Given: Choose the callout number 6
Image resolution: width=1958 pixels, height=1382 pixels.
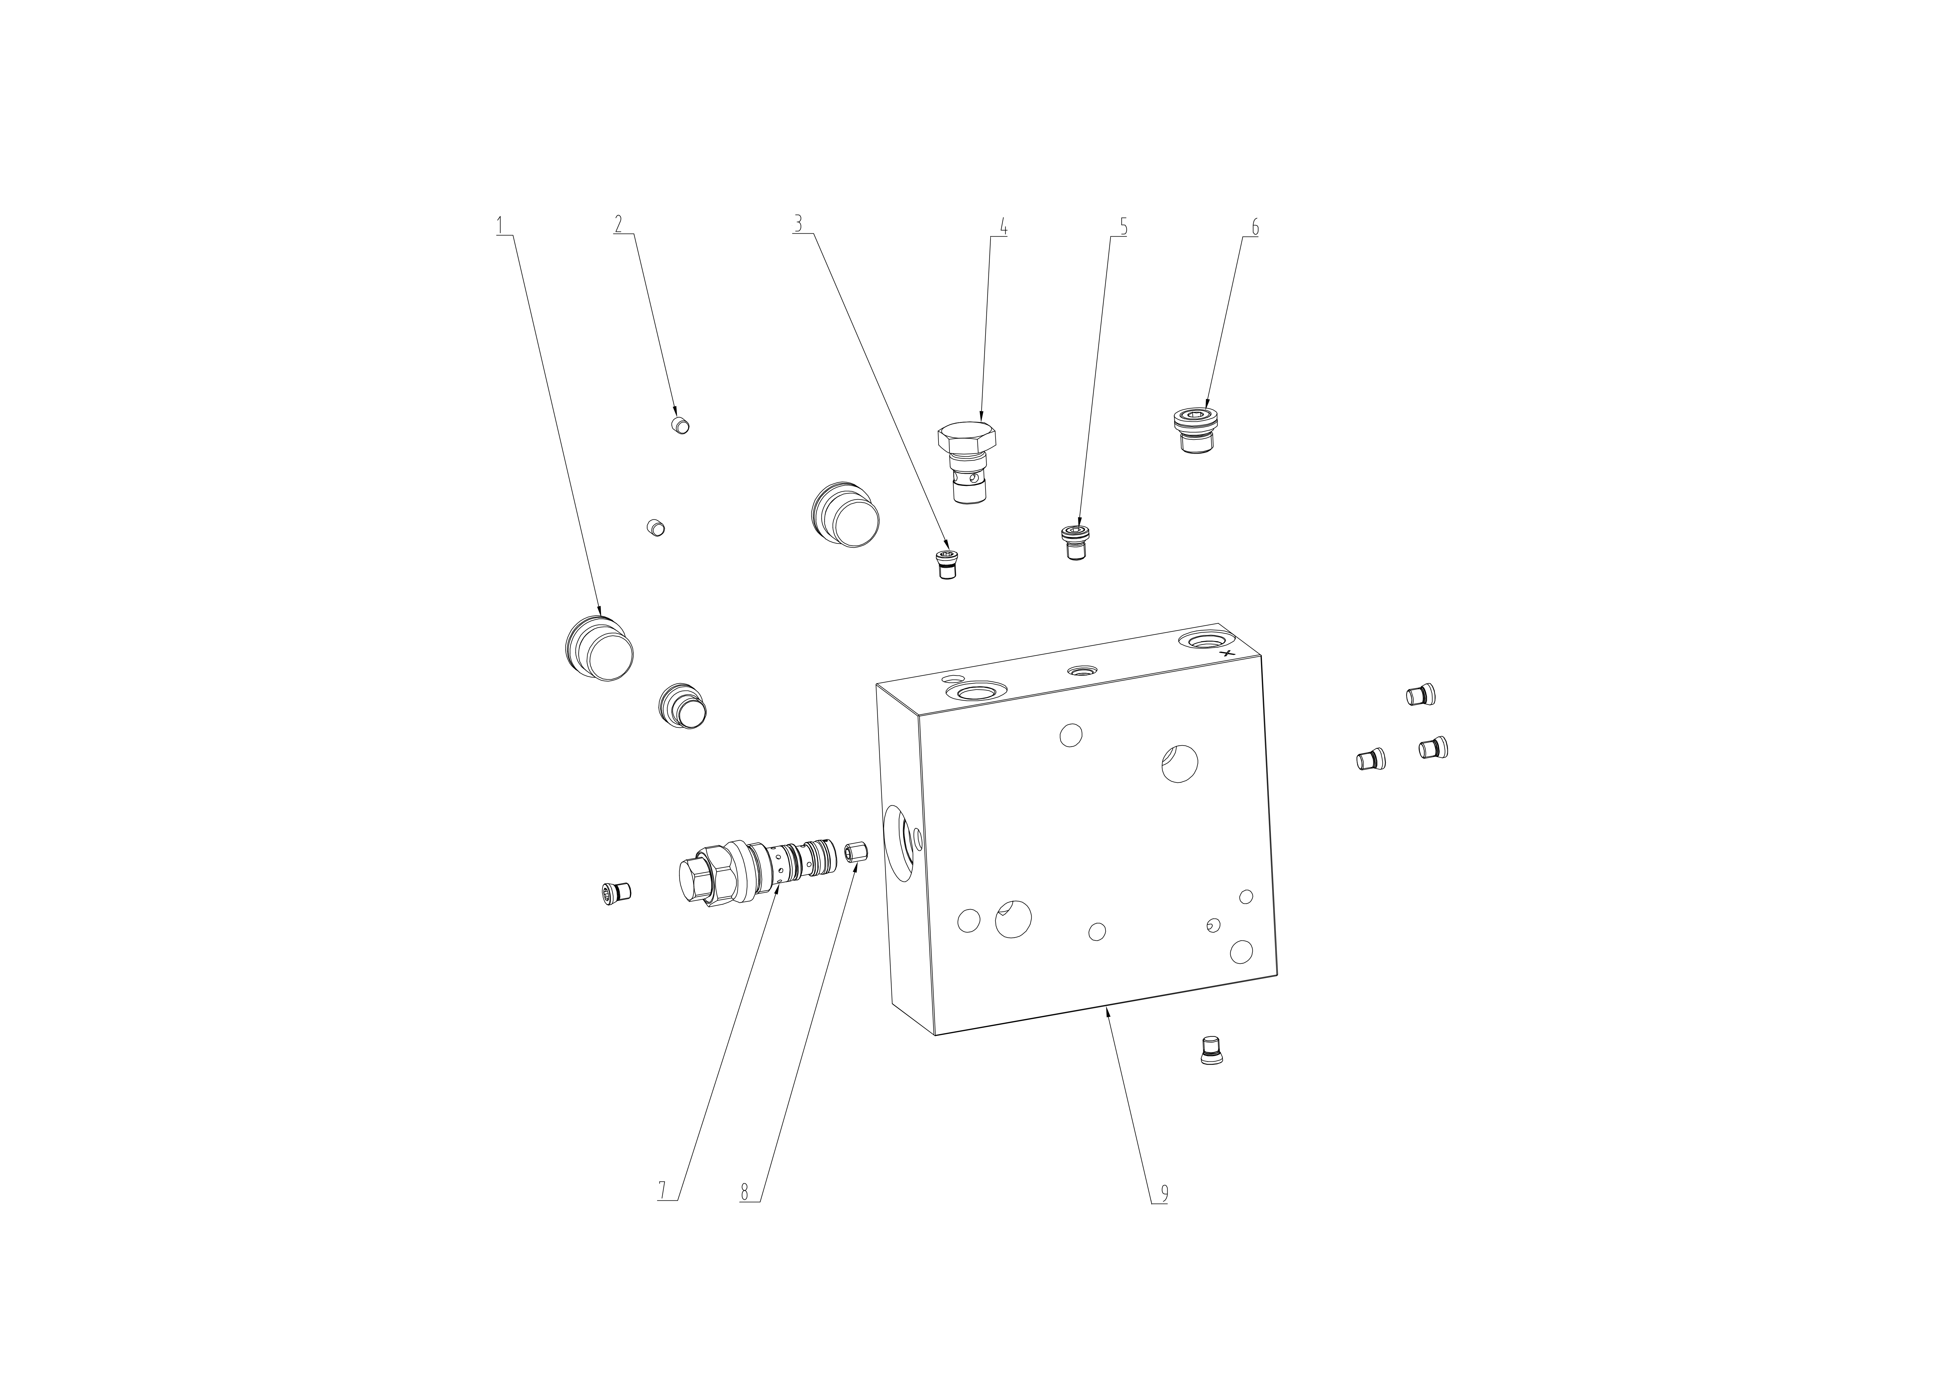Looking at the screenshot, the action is [1254, 227].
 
